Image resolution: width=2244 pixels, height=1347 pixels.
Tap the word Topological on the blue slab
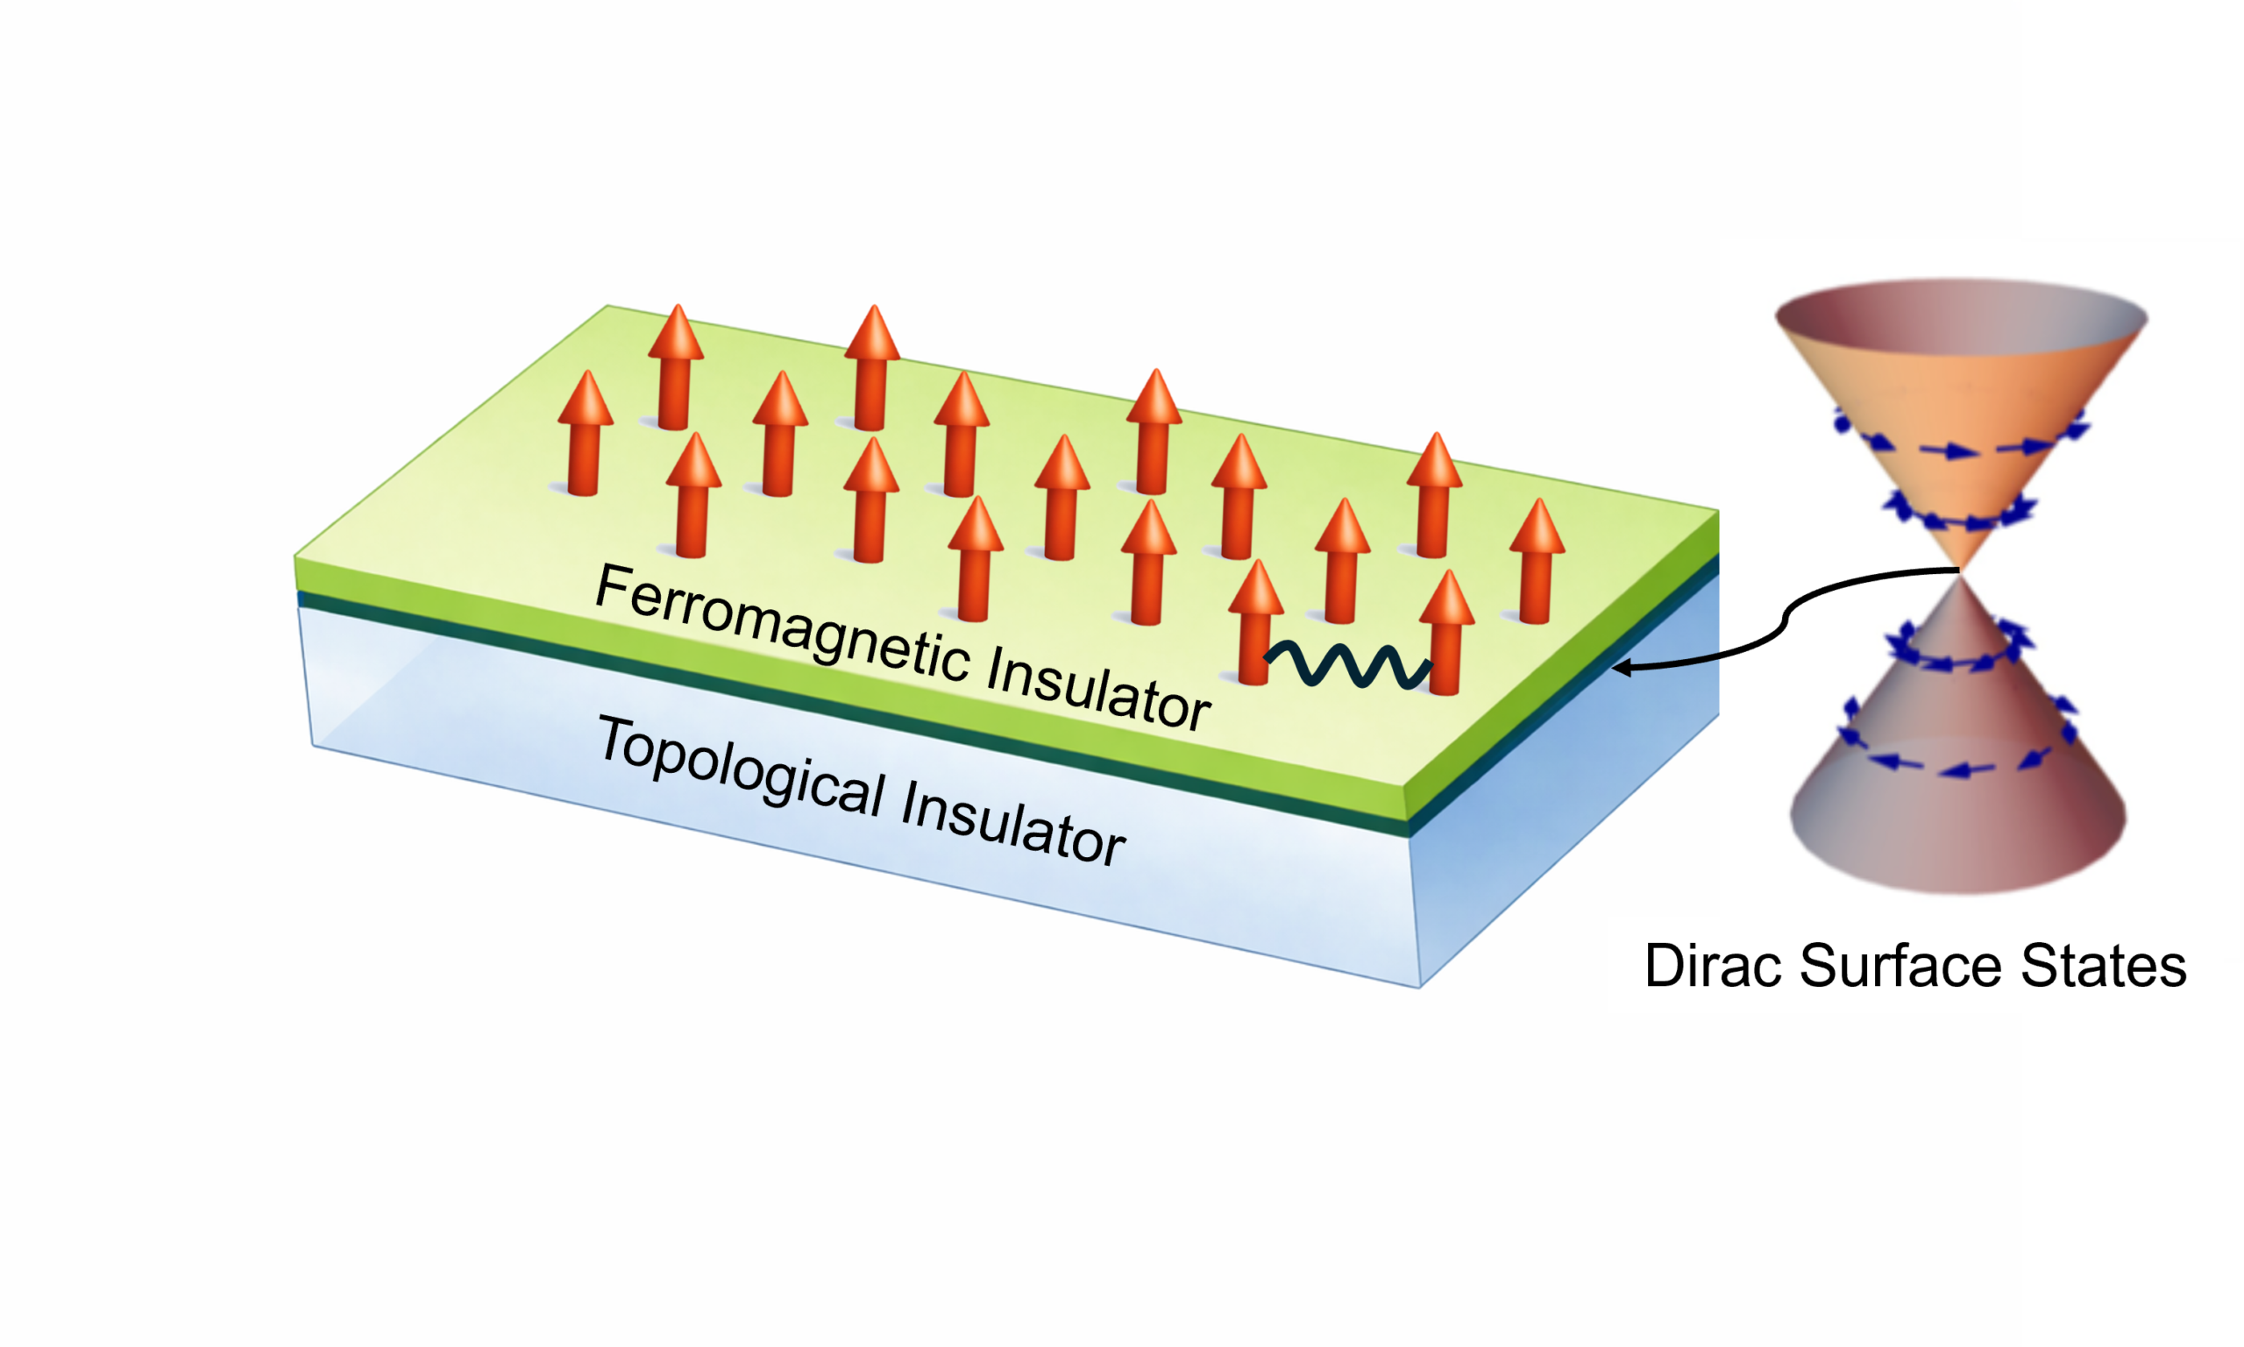point(740,765)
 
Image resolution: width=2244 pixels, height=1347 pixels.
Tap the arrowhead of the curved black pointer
point(1621,669)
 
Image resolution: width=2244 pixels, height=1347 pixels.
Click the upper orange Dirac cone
point(1961,436)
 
